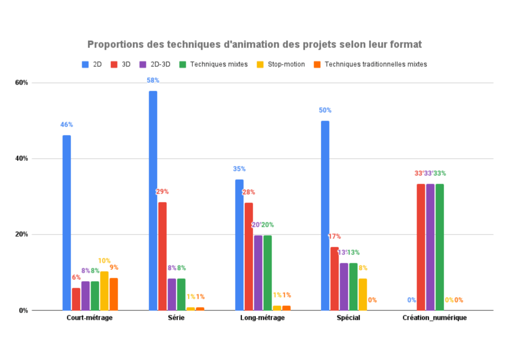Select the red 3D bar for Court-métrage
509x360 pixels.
[x=76, y=299]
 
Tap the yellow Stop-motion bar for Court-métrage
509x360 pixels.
[x=104, y=291]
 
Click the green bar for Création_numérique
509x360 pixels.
[x=440, y=247]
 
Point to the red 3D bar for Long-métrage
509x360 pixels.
[x=248, y=256]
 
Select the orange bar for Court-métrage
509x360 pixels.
[x=113, y=294]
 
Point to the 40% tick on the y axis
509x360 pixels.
[x=22, y=159]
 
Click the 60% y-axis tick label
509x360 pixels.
[x=22, y=83]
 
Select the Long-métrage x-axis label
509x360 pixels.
[x=262, y=318]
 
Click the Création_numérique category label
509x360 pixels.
[x=434, y=318]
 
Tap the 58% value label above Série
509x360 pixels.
[x=153, y=81]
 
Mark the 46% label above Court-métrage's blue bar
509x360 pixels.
[x=67, y=125]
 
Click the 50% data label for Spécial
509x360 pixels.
[x=325, y=111]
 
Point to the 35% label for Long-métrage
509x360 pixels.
[x=239, y=169]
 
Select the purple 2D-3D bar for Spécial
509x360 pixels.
[x=344, y=286]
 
